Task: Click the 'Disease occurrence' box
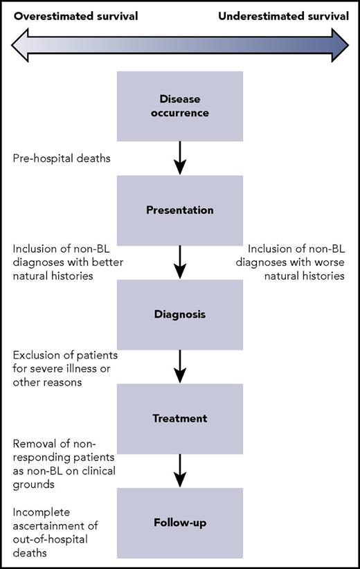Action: point(179,105)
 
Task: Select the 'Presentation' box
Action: point(179,210)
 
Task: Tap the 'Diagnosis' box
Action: point(179,314)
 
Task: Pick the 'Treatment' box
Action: point(179,418)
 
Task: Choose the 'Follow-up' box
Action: point(179,523)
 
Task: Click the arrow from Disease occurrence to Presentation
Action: point(179,158)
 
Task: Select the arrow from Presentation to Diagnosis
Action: point(179,262)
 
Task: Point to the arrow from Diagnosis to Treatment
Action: point(179,366)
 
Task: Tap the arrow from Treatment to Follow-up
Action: point(179,471)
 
